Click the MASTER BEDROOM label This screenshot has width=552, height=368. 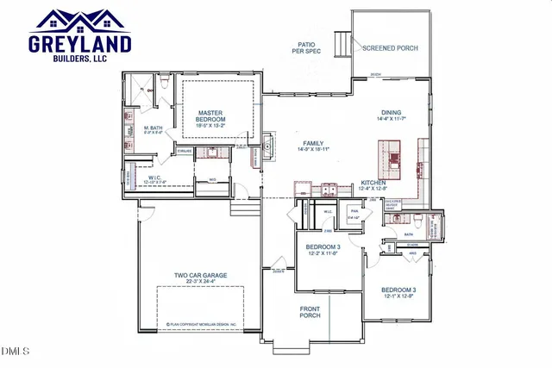pyautogui.click(x=211, y=116)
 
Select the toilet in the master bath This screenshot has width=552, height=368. pyautogui.click(x=160, y=84)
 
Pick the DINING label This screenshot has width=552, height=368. pyautogui.click(x=392, y=113)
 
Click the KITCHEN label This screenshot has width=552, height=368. pyautogui.click(x=373, y=183)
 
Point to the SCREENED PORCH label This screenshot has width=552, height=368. pyautogui.click(x=390, y=48)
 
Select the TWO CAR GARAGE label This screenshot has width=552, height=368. pyautogui.click(x=200, y=276)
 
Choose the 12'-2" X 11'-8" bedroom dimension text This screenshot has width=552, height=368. pyautogui.click(x=323, y=255)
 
